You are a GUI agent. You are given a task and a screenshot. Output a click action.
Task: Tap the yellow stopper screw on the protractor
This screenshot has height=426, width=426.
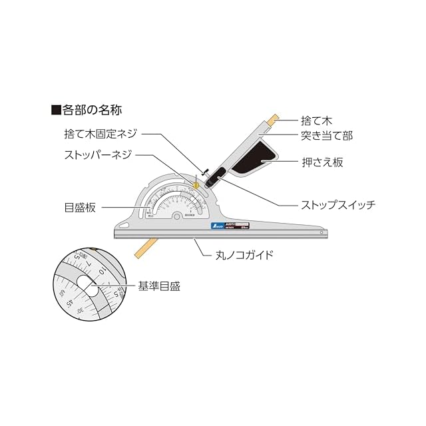click(196, 182)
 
